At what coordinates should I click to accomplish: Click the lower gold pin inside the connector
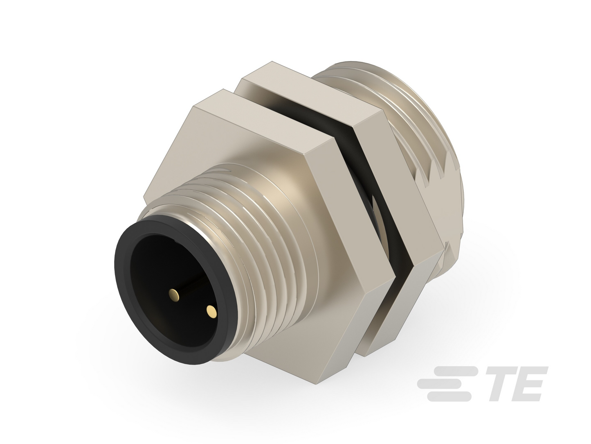pos(211,312)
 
